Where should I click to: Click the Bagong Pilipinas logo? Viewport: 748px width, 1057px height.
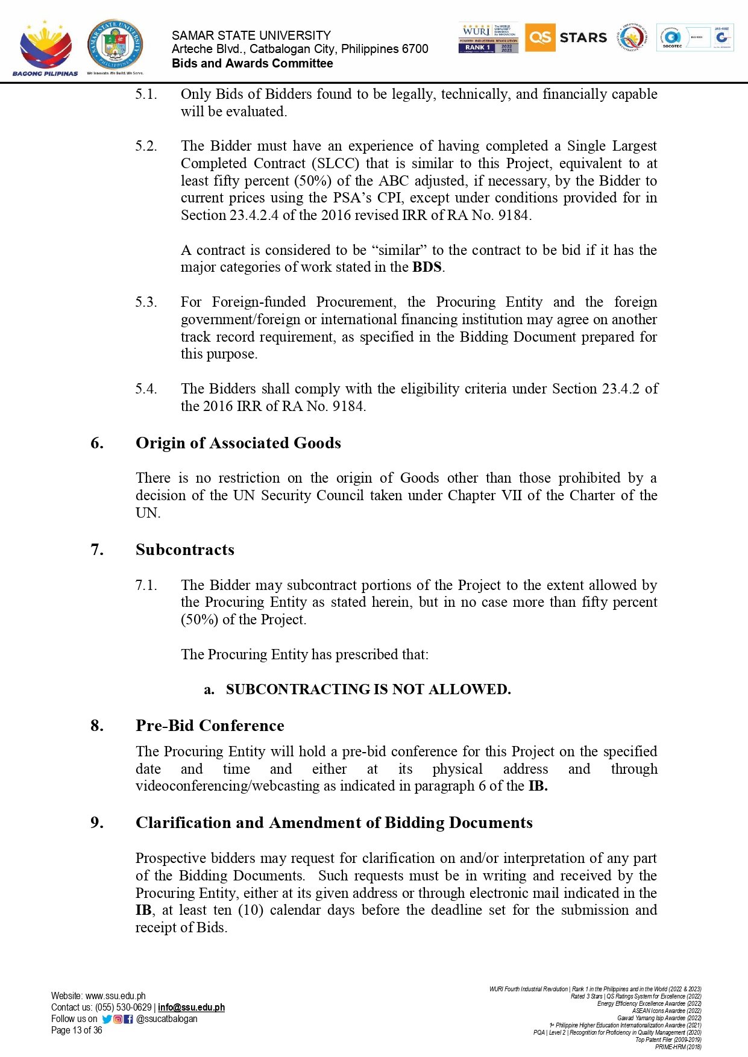point(45,48)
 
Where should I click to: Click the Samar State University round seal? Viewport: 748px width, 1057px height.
point(115,45)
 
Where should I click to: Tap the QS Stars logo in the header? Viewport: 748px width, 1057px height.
point(566,37)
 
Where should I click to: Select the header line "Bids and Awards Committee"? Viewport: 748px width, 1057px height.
point(252,63)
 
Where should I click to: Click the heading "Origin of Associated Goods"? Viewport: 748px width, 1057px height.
point(238,443)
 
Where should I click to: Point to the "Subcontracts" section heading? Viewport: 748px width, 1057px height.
point(184,550)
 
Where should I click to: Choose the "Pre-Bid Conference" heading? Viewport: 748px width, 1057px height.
point(210,726)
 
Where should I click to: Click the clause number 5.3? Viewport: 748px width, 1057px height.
point(146,302)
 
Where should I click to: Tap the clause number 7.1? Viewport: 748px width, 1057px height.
point(146,585)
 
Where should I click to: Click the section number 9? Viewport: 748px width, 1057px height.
point(96,823)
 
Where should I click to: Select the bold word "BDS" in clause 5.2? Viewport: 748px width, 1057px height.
point(427,267)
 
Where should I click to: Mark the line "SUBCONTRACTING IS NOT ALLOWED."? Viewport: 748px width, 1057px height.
point(368,689)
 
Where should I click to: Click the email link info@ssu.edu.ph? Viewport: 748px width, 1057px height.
point(191,1007)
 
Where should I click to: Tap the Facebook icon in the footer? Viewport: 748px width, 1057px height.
point(128,1019)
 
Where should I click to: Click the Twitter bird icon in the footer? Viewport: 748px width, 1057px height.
point(107,1019)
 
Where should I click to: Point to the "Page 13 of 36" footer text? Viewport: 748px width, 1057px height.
point(77,1030)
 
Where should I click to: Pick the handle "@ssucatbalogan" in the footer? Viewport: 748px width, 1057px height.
point(167,1019)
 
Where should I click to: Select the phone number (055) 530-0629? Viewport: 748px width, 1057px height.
point(123,1007)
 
